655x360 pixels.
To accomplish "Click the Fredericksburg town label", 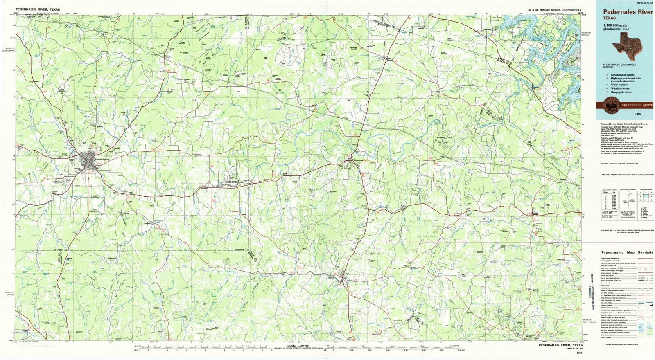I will click(x=101, y=159).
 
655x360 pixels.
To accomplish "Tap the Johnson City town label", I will click(x=358, y=160).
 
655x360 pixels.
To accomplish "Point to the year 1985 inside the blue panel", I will click(x=638, y=114).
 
